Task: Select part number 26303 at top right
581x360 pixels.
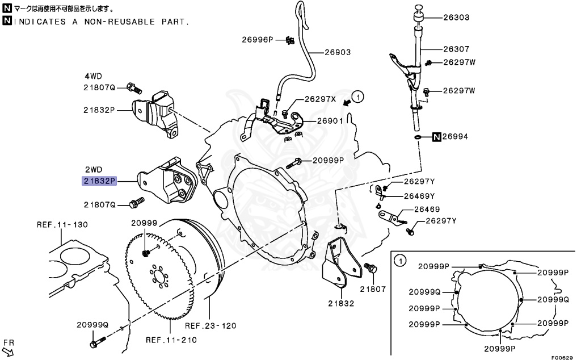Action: click(x=456, y=18)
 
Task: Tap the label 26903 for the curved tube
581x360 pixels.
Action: click(x=338, y=52)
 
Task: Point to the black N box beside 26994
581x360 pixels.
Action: click(x=437, y=137)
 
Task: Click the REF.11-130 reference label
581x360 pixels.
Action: click(x=62, y=225)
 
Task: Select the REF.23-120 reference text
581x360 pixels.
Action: click(x=210, y=326)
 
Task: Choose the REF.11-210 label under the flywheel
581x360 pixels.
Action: click(x=171, y=340)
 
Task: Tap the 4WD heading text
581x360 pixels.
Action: click(x=95, y=76)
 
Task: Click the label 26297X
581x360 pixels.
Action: click(x=321, y=99)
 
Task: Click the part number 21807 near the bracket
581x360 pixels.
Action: click(x=372, y=289)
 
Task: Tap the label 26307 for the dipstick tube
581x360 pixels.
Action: click(x=456, y=49)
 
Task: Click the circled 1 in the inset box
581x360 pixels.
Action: click(x=399, y=262)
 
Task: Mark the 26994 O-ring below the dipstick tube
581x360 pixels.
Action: click(x=417, y=137)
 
